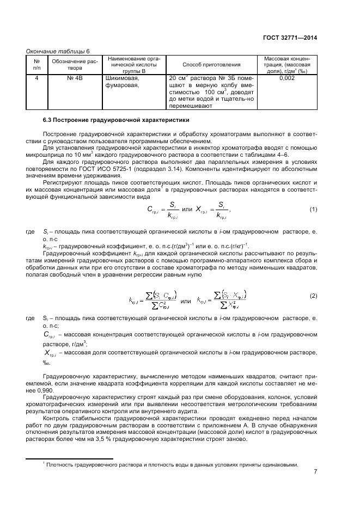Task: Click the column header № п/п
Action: click(37, 64)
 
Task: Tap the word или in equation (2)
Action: click(186, 301)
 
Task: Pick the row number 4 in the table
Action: click(37, 78)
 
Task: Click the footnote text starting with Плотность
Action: click(172, 464)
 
